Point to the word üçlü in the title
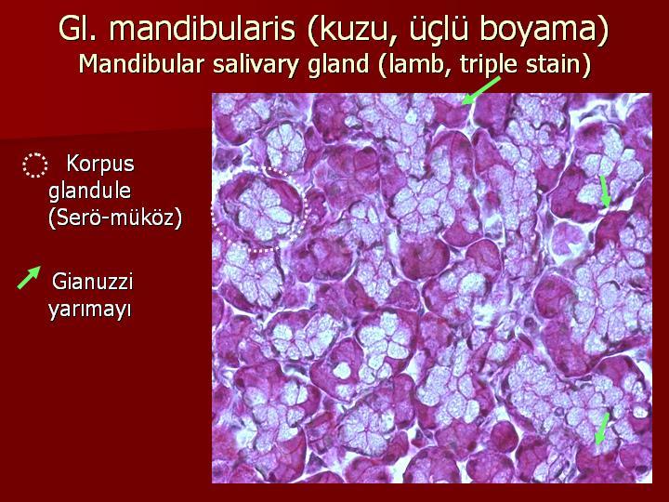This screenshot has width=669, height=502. [439, 30]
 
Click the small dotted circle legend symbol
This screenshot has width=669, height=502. [35, 165]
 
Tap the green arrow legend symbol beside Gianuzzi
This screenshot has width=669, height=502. [29, 277]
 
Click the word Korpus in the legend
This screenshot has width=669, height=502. [100, 164]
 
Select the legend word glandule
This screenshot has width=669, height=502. [89, 191]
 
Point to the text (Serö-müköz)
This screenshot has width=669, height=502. [115, 218]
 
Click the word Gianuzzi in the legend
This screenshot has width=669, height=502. [93, 282]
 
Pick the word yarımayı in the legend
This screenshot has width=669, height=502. [89, 309]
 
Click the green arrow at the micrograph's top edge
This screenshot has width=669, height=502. [481, 90]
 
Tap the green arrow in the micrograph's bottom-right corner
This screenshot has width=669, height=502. [602, 429]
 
